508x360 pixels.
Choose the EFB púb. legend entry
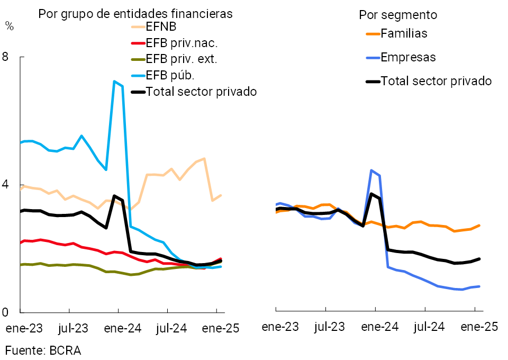point(166,75)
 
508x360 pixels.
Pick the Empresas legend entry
point(408,57)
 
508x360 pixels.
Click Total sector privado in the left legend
point(201,92)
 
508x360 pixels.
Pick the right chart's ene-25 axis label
point(479,327)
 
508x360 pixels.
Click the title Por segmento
point(398,15)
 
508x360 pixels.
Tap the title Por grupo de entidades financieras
point(135,14)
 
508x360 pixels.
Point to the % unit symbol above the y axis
point(10,25)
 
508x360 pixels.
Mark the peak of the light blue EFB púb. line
point(114,81)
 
